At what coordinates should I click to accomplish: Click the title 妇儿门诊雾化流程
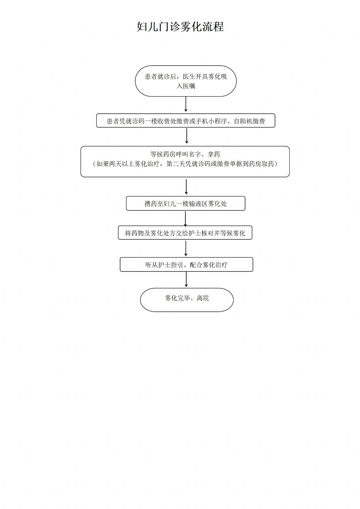180,27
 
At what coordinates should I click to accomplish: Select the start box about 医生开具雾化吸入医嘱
186,81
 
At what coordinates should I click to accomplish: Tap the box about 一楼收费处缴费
186,121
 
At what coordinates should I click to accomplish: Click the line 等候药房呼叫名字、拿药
185,155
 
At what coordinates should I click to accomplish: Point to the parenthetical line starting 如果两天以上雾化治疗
185,164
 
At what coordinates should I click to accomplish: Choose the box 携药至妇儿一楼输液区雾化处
186,204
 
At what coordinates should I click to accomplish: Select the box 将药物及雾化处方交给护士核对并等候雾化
185,233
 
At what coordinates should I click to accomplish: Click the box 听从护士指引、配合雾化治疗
186,264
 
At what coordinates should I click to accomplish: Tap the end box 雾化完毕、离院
187,300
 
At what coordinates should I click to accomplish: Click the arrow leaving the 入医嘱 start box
186,104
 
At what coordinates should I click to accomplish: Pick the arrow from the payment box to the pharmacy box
186,136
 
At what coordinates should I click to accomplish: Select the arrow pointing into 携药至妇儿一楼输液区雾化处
186,187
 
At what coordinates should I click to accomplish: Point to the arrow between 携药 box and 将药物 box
185,219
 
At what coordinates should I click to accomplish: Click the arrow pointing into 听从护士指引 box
186,249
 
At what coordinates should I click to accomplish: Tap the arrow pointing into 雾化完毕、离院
186,279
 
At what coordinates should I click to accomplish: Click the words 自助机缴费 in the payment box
249,121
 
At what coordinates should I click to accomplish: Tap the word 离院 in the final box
203,298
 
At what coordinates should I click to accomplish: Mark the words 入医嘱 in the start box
186,86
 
